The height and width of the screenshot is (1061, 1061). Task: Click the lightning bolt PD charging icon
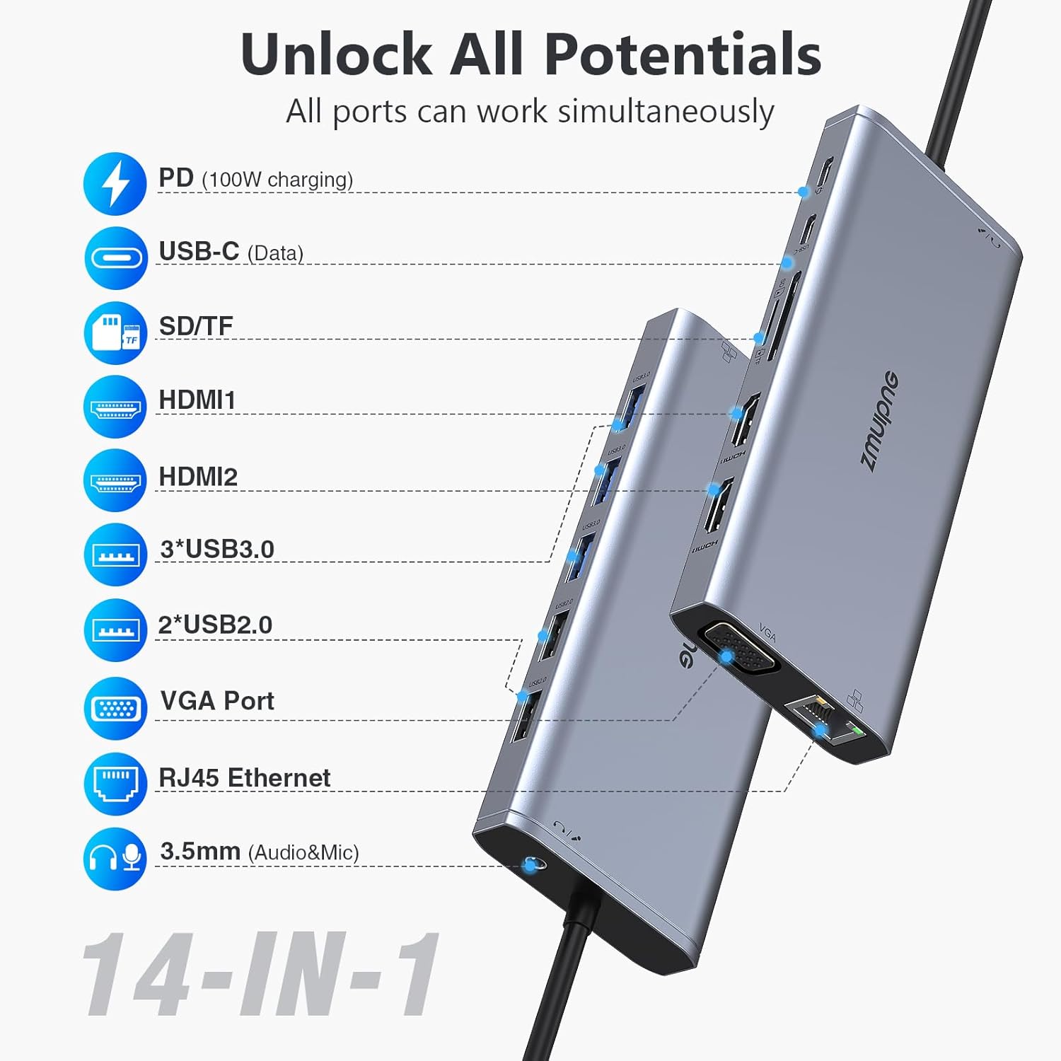click(x=115, y=184)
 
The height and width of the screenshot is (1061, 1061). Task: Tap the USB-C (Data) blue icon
click(x=115, y=258)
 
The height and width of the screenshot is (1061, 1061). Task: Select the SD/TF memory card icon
click(x=115, y=333)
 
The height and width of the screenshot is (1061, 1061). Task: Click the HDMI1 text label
click(x=197, y=400)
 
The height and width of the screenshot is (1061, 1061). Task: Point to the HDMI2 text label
click(x=198, y=477)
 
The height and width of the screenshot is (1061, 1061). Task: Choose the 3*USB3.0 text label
click(x=217, y=550)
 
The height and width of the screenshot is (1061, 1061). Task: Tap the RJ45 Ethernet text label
click(x=244, y=778)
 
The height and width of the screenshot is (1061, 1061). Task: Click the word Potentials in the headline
click(x=682, y=55)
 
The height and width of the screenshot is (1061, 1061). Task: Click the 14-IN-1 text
click(x=262, y=975)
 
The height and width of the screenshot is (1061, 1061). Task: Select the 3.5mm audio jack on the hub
click(x=531, y=864)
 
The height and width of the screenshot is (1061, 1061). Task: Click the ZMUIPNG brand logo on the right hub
click(x=879, y=420)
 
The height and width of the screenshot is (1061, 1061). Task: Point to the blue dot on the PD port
click(x=804, y=192)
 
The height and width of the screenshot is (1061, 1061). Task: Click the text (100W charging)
click(x=277, y=180)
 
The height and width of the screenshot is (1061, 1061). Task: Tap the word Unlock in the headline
click(x=336, y=55)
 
